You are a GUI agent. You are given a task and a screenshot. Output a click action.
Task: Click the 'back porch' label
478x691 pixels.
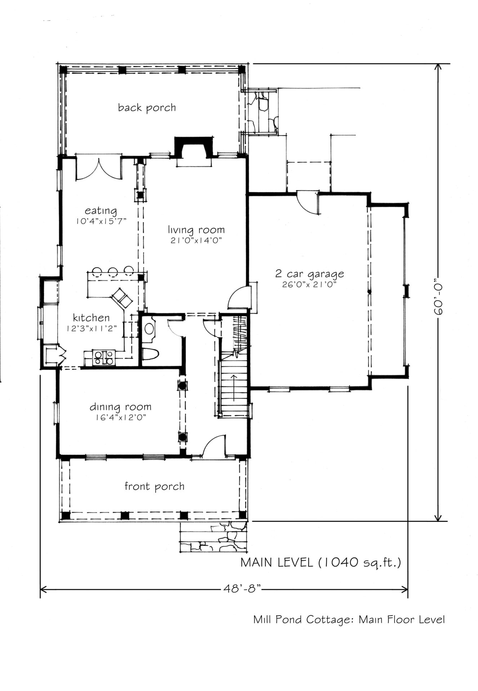147,108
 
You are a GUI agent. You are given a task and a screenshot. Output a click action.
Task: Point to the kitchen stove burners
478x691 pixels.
104,358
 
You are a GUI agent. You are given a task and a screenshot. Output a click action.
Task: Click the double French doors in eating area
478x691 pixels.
98,168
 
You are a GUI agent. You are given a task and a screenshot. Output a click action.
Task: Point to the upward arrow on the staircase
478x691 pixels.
234,388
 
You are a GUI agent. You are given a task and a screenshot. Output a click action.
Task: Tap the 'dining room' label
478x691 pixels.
120,407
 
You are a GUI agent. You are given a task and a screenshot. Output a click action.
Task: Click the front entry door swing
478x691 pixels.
214,446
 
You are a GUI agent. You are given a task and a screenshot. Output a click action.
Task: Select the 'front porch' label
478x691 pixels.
155,487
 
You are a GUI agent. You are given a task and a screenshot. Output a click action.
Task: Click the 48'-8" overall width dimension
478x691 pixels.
242,589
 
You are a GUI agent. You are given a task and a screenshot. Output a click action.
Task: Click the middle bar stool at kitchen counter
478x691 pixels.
113,272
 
